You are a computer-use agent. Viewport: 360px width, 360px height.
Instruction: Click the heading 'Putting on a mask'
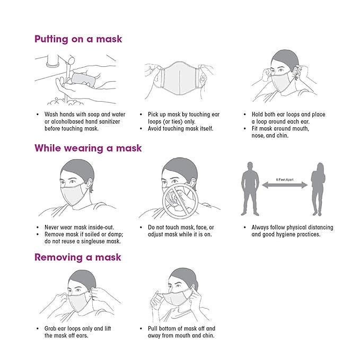(x=78, y=39)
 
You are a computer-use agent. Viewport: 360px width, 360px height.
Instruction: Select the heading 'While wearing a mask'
(x=88, y=148)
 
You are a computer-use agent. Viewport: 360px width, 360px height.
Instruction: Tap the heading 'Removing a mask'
(x=78, y=257)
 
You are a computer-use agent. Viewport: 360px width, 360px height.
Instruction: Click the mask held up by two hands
(x=180, y=78)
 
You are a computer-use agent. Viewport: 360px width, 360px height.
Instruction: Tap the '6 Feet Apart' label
(x=285, y=180)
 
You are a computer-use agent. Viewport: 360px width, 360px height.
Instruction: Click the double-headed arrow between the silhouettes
(x=285, y=185)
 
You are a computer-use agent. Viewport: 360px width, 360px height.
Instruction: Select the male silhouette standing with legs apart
(x=250, y=189)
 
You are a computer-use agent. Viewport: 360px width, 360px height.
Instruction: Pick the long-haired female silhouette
(x=318, y=189)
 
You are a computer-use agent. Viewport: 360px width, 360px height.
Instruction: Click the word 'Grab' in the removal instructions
(x=50, y=329)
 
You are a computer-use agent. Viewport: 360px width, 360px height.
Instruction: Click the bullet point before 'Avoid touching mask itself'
(x=141, y=128)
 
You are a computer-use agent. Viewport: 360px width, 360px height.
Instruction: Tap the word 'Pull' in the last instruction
(x=153, y=329)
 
